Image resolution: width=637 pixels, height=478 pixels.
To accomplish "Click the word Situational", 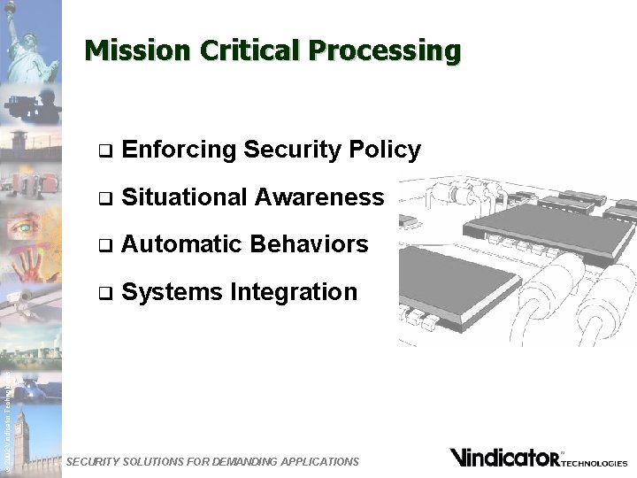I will coord(183,197).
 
